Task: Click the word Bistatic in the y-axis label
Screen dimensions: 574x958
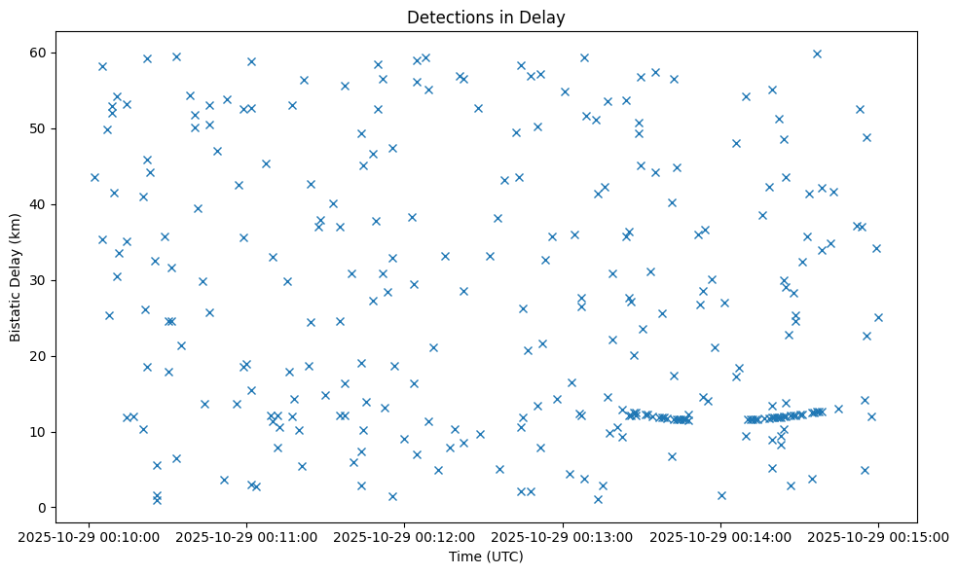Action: [16, 311]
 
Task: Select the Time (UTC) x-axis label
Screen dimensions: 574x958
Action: [486, 556]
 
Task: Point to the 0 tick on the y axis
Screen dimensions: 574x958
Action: [44, 508]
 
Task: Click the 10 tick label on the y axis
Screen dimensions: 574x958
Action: [40, 432]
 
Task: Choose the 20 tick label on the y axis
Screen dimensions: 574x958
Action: [40, 356]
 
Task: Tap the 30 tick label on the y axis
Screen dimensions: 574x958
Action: [40, 280]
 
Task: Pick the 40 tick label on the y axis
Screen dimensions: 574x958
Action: [40, 204]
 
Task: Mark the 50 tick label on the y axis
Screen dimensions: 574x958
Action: [40, 128]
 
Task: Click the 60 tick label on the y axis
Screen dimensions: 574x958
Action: [40, 53]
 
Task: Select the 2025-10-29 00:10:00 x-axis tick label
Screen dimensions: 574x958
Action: [89, 536]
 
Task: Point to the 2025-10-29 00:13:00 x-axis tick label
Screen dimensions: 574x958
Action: [563, 536]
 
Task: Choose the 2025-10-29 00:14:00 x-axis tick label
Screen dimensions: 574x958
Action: [720, 536]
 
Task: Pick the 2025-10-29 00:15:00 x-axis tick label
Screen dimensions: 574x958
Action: [878, 536]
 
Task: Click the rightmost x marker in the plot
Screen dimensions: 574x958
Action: [878, 317]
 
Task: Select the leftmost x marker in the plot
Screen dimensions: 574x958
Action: [94, 177]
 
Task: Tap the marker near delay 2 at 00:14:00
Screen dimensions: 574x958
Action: [721, 495]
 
